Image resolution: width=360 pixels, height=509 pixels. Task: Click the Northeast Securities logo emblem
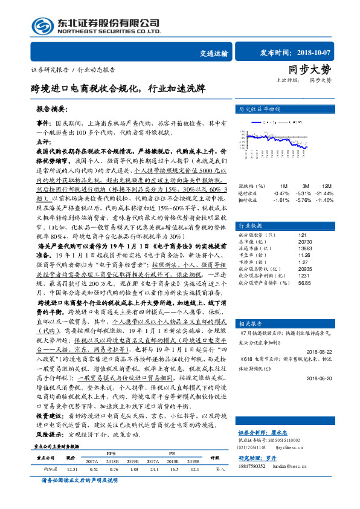click(42, 25)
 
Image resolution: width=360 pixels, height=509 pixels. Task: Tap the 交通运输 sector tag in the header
click(214, 54)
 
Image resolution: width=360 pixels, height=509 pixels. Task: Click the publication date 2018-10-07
click(307, 53)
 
